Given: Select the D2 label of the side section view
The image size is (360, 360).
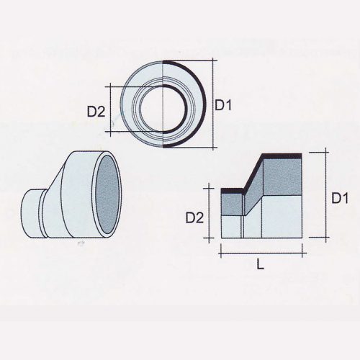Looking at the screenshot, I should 194,217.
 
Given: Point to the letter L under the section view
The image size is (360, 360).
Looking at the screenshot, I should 260,264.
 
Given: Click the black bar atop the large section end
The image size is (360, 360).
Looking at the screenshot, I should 281,156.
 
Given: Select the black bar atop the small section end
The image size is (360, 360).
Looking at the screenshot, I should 233,191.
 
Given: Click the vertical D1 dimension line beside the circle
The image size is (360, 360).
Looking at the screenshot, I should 214,105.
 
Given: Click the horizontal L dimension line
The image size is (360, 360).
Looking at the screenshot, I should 260,253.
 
